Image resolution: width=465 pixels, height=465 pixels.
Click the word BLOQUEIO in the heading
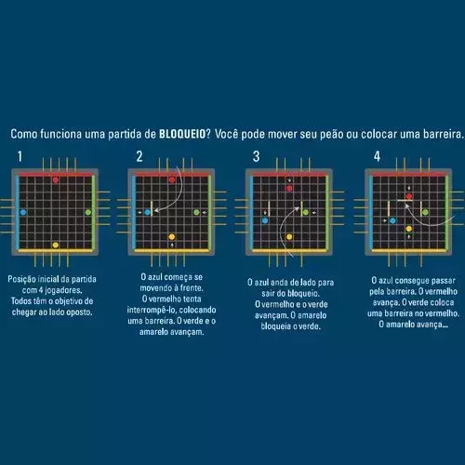pos(182,134)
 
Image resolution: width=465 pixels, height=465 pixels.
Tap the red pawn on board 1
pos(56,179)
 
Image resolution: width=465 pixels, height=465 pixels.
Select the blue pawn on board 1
pos(23,212)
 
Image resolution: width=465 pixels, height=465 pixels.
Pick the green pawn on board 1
pos(88,212)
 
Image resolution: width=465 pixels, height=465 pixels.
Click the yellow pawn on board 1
pos(56,246)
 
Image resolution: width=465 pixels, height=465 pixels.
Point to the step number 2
pos(139,156)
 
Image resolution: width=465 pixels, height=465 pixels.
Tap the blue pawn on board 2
pos(148,212)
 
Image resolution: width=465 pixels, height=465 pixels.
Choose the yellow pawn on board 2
pos(172,237)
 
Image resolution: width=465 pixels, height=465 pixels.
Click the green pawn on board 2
pos(196,212)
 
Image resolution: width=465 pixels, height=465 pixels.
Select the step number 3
pos(256,156)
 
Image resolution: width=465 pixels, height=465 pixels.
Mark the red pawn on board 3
pos(289,188)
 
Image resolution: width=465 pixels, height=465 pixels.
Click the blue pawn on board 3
pos(265,220)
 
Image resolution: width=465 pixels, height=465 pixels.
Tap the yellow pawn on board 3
pos(289,237)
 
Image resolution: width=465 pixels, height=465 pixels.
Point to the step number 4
pos(377,156)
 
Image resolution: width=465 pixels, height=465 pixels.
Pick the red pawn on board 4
pos(409,196)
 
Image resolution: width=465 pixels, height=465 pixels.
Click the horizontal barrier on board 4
pos(405,200)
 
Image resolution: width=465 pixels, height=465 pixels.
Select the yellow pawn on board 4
pos(409,229)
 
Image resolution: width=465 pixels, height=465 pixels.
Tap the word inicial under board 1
pos(48,279)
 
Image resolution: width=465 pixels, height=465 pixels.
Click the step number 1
pos(20,156)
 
